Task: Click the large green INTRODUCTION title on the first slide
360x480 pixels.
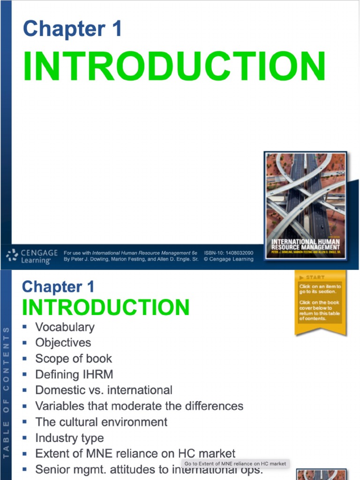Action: click(174, 67)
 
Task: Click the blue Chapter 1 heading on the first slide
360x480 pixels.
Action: click(72, 29)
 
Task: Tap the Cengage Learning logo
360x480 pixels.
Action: click(32, 256)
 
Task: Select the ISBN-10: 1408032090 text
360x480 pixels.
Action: click(229, 253)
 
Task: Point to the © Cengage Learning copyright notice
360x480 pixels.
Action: click(229, 259)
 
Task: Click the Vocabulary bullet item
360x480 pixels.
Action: click(65, 327)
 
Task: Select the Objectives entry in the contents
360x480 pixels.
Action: click(63, 343)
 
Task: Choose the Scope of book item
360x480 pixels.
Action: click(74, 359)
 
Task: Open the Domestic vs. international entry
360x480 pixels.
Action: click(104, 390)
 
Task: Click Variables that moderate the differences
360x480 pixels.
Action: click(139, 406)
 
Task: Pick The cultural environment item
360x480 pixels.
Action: click(101, 422)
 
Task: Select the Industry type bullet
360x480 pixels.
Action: click(69, 438)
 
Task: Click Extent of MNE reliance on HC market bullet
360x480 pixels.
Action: click(135, 453)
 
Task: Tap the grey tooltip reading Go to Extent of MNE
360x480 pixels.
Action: click(235, 464)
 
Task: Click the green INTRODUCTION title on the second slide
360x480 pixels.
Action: click(105, 307)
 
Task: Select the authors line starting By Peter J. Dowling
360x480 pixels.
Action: click(131, 259)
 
